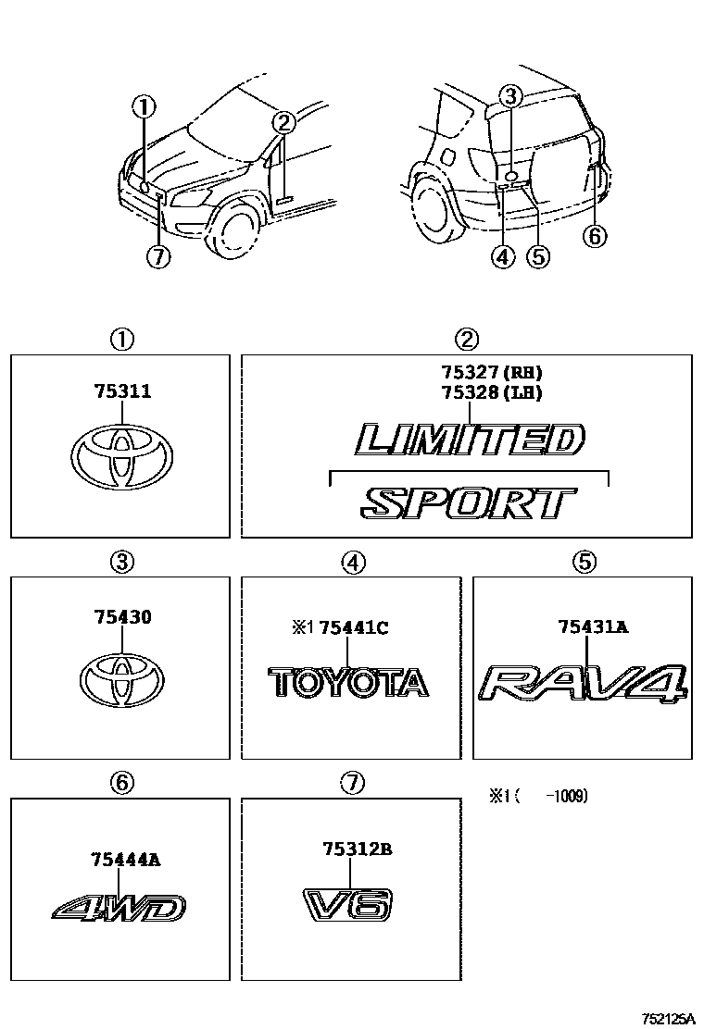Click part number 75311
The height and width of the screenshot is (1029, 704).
click(x=121, y=392)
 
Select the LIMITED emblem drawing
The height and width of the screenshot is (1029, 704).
click(x=471, y=440)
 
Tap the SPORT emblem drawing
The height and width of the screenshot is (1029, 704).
click(x=468, y=503)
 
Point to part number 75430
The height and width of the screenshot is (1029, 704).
click(x=121, y=616)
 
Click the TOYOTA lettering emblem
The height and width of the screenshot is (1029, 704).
click(x=349, y=682)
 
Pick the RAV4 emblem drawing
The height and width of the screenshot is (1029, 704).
click(x=584, y=686)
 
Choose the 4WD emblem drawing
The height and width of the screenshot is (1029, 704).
click(x=119, y=909)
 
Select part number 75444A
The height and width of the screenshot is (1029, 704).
click(x=126, y=860)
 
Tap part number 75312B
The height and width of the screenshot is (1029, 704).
click(x=358, y=849)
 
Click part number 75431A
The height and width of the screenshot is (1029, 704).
click(x=593, y=627)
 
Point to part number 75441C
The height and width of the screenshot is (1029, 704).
click(x=353, y=628)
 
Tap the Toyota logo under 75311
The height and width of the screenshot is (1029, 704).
click(x=121, y=456)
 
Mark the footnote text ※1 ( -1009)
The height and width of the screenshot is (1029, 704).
click(x=538, y=795)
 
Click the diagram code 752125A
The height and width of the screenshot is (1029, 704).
click(x=666, y=1017)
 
